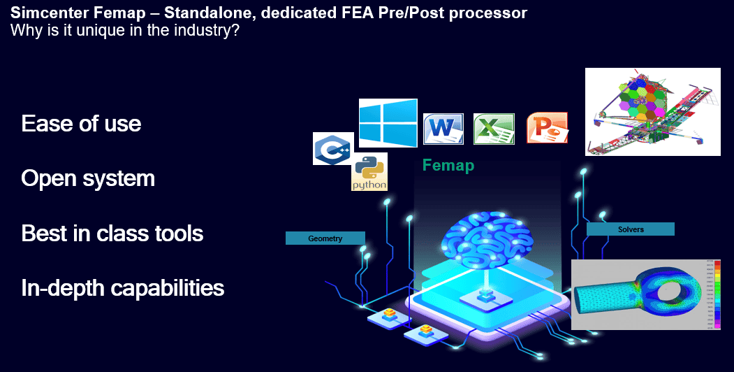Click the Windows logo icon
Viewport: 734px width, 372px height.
point(388,122)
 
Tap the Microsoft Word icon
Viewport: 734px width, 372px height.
point(443,129)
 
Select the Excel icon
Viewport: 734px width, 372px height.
point(494,129)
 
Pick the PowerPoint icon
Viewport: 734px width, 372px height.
point(547,128)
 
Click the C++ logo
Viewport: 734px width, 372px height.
point(332,149)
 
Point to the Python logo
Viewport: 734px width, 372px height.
point(369,173)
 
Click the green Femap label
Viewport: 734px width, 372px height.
point(448,166)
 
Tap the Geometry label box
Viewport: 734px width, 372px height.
point(325,238)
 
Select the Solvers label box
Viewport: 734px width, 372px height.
point(630,229)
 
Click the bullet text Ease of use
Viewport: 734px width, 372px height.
point(81,124)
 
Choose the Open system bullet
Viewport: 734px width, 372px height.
point(88,178)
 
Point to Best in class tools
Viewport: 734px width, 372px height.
point(112,233)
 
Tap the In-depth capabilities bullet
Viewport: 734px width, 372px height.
point(122,287)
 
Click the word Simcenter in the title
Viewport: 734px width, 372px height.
point(43,13)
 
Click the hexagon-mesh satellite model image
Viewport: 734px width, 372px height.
point(652,111)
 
